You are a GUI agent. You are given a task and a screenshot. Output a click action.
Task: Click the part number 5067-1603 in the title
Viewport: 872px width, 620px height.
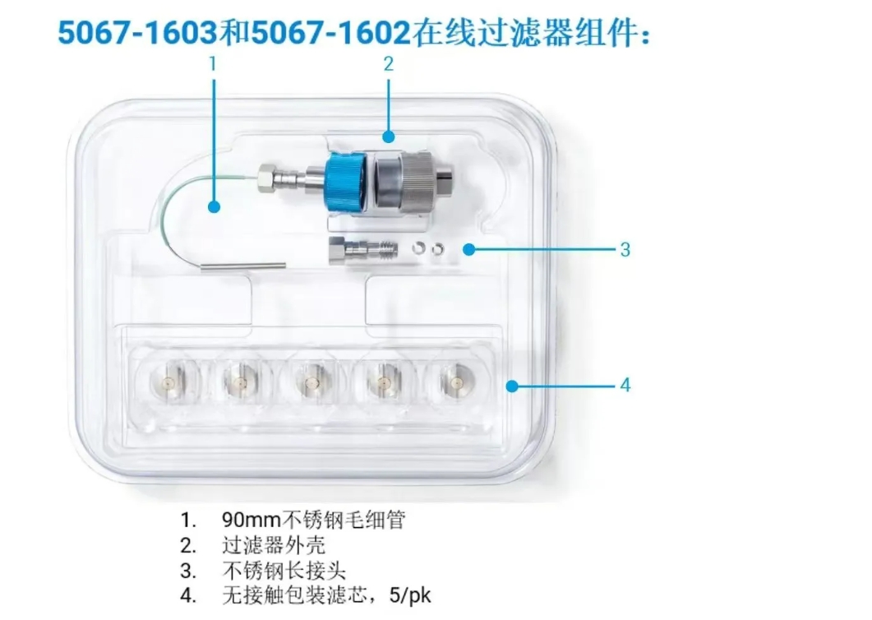[x=138, y=33]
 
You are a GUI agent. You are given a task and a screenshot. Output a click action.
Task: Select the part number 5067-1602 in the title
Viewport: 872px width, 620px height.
[x=331, y=33]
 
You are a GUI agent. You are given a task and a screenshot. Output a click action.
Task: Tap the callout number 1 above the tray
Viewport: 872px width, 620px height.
[x=212, y=64]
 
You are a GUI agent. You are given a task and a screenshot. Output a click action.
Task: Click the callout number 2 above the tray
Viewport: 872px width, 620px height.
[x=388, y=64]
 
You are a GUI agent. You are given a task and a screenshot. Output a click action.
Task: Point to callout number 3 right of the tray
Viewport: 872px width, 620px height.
[x=625, y=249]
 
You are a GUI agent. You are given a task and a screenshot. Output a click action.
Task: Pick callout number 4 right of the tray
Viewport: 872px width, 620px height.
[x=625, y=385]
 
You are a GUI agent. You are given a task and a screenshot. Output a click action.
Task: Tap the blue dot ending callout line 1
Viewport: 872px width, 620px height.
[x=215, y=207]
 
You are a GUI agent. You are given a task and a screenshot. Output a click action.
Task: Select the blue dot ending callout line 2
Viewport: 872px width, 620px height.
[x=389, y=136]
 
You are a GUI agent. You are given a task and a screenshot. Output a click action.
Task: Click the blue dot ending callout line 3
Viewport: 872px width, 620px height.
[x=469, y=249]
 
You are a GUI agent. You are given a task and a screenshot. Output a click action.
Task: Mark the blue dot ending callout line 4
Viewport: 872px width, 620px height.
[x=512, y=386]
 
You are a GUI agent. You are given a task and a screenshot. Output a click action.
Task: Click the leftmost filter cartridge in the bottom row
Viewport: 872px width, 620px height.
[x=168, y=382]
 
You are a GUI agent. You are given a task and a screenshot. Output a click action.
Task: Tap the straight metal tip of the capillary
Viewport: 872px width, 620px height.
[x=243, y=266]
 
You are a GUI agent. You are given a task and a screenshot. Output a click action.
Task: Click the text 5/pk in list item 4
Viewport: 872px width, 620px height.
[x=410, y=595]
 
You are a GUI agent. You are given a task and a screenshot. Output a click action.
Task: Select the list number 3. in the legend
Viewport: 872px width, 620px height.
[x=188, y=571]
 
